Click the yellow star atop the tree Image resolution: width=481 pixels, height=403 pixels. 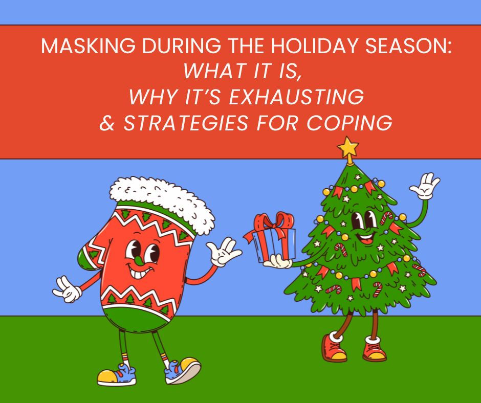click(x=348, y=147)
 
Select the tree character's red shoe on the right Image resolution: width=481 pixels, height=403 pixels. click(x=375, y=349)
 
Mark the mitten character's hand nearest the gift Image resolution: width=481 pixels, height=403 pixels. click(x=224, y=252)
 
